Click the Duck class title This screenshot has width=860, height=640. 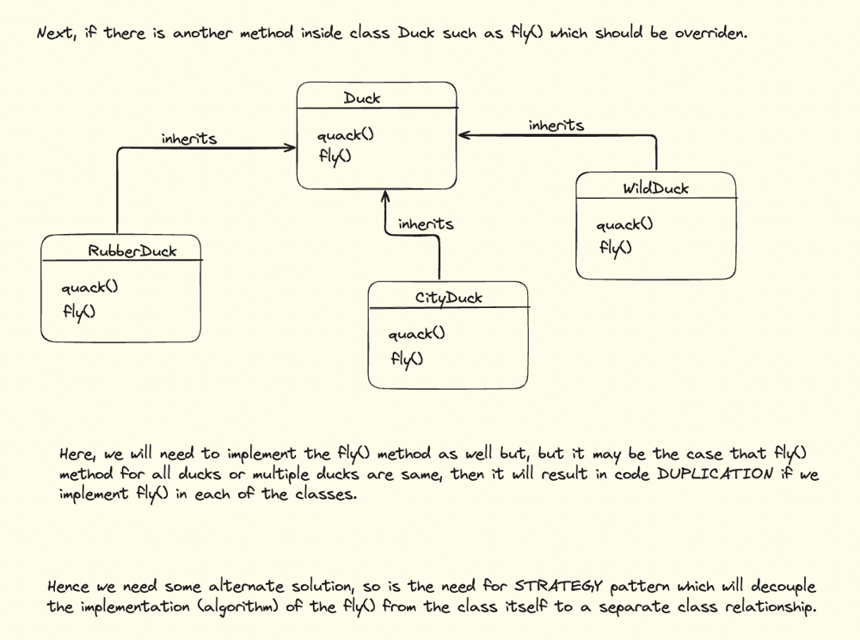coord(362,98)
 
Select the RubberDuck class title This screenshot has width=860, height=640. coord(132,251)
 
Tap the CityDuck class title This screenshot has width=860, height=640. coord(449,298)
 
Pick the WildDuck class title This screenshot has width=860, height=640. coord(655,188)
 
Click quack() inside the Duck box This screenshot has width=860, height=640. coord(346,135)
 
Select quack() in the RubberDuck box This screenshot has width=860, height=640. coord(89,287)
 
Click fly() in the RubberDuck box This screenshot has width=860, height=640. coord(78,311)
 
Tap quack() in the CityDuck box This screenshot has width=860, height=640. coord(417,334)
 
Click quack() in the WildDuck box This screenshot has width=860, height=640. coord(624,225)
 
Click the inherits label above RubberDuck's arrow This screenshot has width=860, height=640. coord(189,138)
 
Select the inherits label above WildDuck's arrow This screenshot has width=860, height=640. coord(556,126)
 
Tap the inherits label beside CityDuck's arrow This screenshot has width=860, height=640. coord(426,224)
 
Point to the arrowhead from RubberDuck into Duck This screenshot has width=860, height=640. coord(291,147)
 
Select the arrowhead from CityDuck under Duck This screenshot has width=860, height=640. coord(385,197)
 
